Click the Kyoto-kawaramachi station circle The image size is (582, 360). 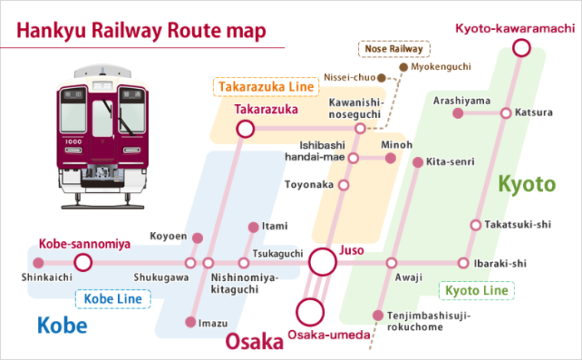(x=521, y=48)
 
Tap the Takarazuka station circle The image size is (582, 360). (x=244, y=129)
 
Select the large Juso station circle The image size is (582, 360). (x=322, y=263)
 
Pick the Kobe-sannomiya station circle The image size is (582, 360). (x=83, y=263)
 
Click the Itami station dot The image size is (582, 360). (x=254, y=226)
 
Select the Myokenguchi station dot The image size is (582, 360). (x=404, y=66)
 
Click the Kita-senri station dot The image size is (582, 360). (x=418, y=162)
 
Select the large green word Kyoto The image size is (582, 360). (x=526, y=185)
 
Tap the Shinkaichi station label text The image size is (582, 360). (x=45, y=278)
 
